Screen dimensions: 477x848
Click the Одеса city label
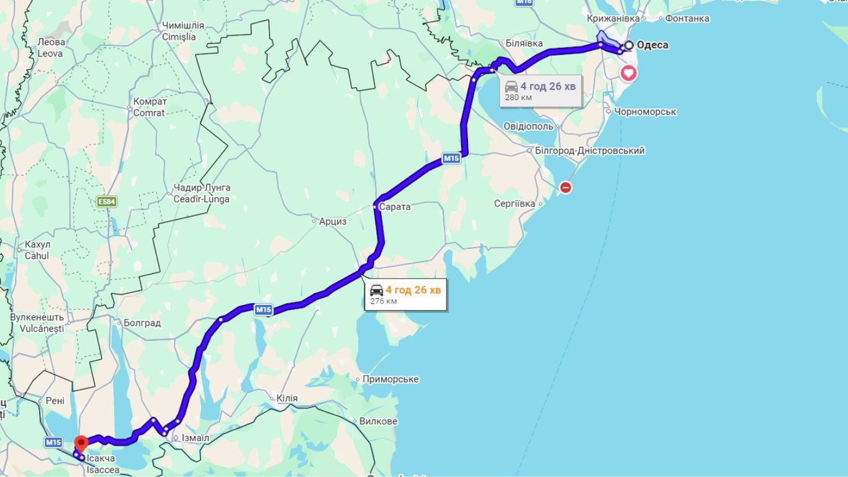click(652, 45)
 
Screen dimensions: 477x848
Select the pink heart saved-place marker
click(629, 73)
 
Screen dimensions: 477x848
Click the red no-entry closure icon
click(566, 187)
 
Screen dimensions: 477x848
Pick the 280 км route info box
click(541, 91)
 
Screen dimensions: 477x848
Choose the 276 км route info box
click(406, 294)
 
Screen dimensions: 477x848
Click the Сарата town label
click(395, 207)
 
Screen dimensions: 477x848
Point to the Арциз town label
click(333, 221)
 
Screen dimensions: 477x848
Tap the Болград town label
click(142, 323)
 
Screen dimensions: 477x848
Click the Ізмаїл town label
click(195, 438)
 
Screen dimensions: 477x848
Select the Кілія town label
click(287, 398)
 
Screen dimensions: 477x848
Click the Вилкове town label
click(379, 421)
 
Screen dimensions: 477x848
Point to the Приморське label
click(390, 379)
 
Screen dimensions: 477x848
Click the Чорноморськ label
click(644, 112)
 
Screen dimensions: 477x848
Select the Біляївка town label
click(524, 43)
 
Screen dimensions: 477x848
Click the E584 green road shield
click(106, 202)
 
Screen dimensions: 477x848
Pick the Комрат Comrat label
click(150, 107)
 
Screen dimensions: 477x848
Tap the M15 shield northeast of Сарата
click(451, 159)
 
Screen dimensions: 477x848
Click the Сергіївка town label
click(515, 203)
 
